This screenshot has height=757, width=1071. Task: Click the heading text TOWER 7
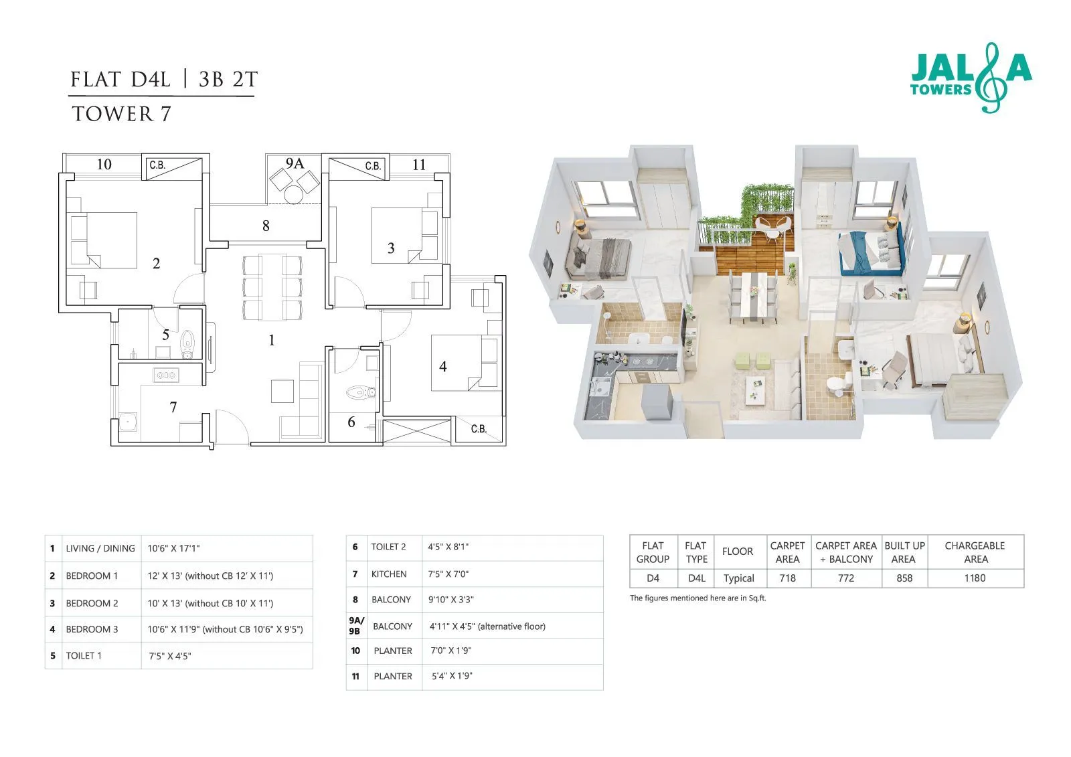click(121, 114)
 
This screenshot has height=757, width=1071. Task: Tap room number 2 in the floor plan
click(156, 263)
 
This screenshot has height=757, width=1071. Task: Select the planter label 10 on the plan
click(104, 165)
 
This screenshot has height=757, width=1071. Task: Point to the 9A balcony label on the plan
click(295, 163)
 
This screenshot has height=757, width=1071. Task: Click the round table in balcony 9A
click(293, 194)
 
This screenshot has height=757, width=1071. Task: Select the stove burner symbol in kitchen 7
click(165, 375)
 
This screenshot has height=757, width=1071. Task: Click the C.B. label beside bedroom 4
click(478, 429)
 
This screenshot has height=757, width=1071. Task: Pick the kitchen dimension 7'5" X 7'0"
click(448, 574)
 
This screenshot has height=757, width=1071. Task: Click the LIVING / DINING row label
click(100, 548)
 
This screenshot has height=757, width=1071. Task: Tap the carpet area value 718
click(787, 578)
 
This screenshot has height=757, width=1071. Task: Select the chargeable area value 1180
click(975, 578)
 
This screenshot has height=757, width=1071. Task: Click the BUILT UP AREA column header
click(904, 552)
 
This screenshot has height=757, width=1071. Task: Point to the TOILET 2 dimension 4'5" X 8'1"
click(448, 547)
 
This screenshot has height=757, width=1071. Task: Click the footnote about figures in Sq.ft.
click(697, 598)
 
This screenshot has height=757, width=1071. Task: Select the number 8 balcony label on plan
click(266, 226)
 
